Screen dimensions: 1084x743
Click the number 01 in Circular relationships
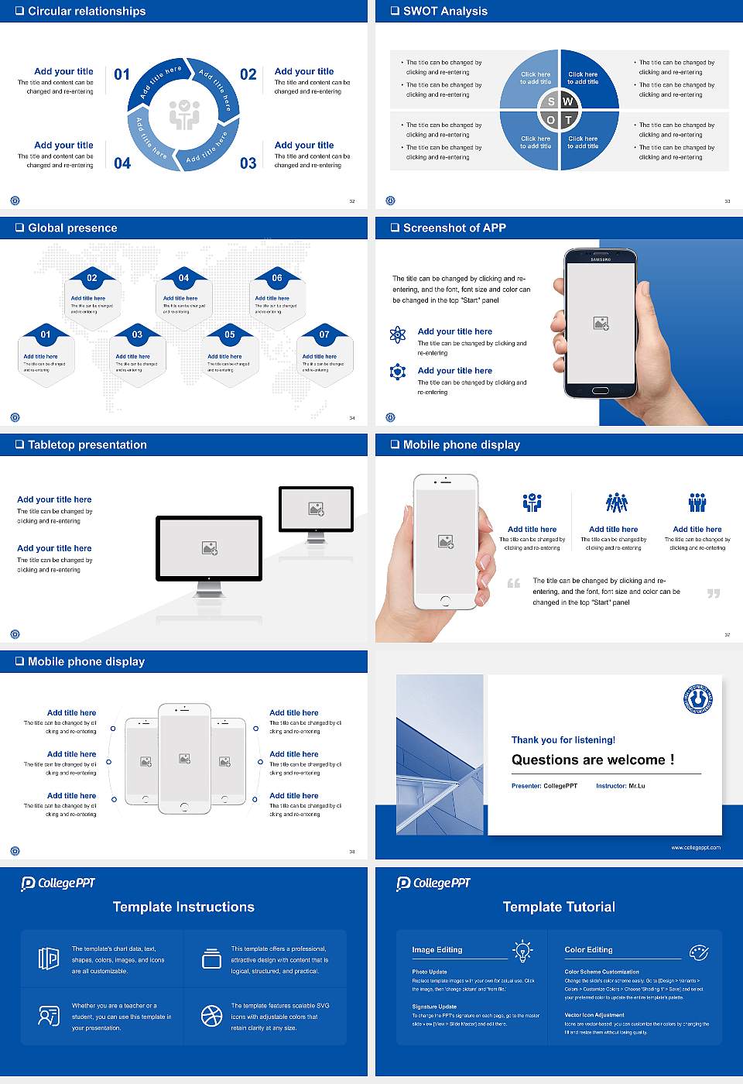[122, 74]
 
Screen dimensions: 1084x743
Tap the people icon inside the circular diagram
[184, 114]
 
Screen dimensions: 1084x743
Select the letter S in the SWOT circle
[551, 101]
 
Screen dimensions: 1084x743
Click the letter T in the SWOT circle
[568, 120]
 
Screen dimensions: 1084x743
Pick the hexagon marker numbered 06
[277, 278]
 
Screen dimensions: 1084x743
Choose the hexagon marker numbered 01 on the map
[46, 334]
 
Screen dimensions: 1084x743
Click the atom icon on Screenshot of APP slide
[398, 334]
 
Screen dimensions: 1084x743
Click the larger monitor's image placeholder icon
[210, 548]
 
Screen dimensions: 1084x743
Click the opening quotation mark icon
[514, 583]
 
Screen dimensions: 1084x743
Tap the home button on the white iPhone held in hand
[445, 601]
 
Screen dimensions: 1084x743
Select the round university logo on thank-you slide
[698, 699]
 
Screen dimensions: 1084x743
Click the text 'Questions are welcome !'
[593, 760]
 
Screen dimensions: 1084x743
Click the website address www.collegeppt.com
[696, 847]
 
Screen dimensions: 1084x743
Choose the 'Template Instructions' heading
[183, 907]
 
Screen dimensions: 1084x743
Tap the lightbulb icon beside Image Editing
[522, 950]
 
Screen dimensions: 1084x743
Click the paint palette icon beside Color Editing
[698, 951]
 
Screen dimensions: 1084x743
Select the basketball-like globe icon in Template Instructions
[211, 1016]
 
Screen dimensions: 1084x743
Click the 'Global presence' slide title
[73, 228]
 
